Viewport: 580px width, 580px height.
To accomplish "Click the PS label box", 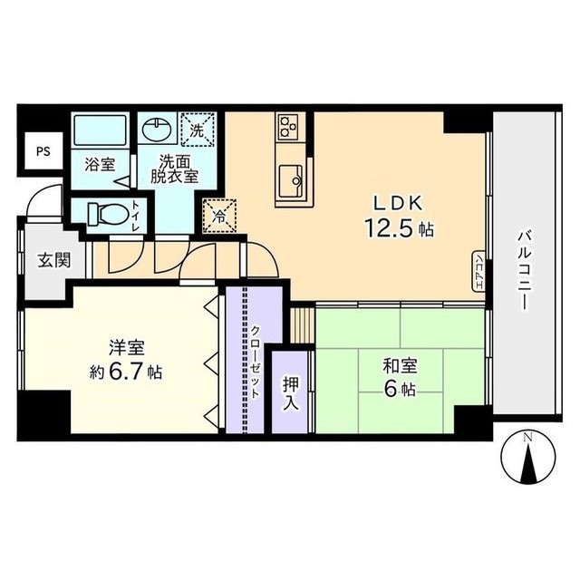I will pyautogui.click(x=43, y=151).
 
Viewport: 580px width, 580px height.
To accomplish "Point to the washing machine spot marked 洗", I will pyautogui.click(x=198, y=129).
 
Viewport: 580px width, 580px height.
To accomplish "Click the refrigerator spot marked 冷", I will pyautogui.click(x=218, y=216).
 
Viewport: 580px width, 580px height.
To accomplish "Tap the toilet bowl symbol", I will pyautogui.click(x=102, y=215).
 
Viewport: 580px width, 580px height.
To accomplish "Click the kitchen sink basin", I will pyautogui.click(x=292, y=178).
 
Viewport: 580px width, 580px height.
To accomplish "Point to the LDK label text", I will pyautogui.click(x=395, y=203).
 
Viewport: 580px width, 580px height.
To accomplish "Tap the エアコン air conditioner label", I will pyautogui.click(x=478, y=270).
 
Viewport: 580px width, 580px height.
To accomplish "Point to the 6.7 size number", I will pyautogui.click(x=129, y=372).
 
